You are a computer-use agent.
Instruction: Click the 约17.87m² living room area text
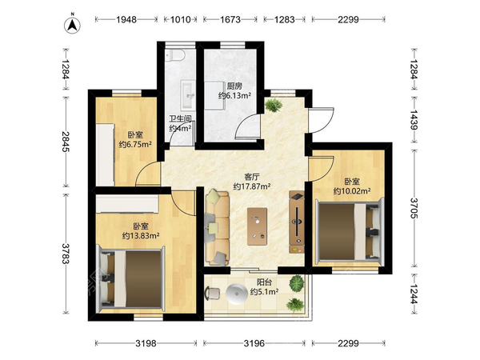(251, 186)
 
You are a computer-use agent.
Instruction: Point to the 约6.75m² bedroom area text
(135, 145)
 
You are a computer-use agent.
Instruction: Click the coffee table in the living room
(258, 224)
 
